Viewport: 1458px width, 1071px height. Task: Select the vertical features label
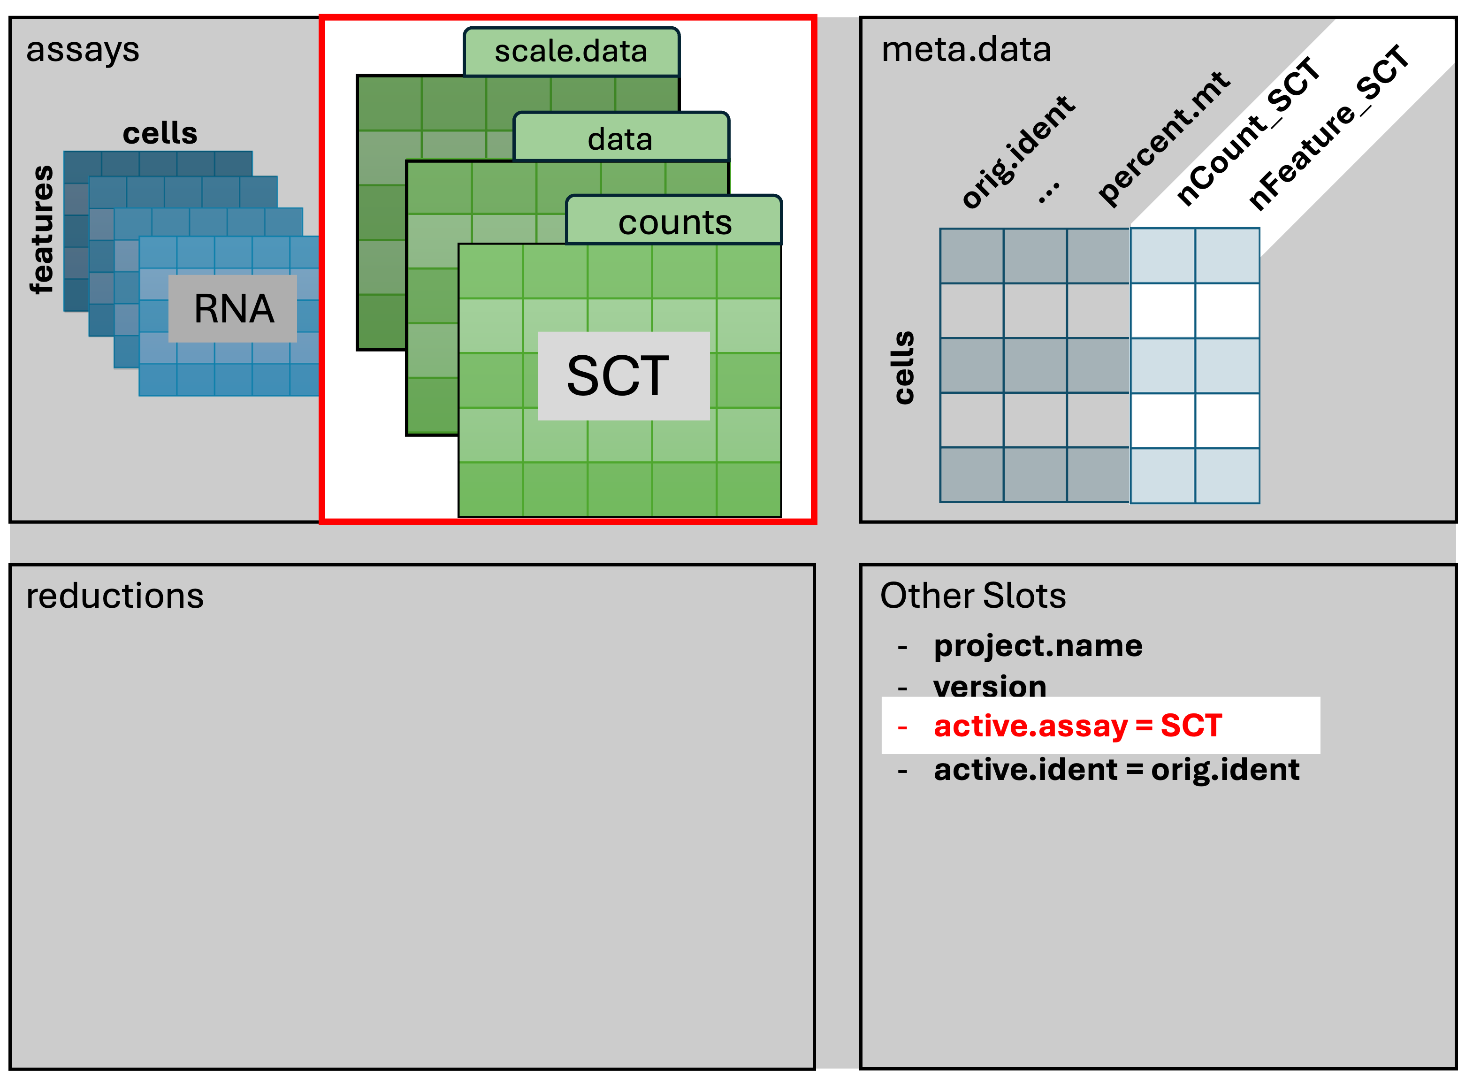coord(43,229)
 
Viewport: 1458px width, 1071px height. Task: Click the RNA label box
coord(233,309)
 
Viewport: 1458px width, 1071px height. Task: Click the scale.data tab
coord(571,51)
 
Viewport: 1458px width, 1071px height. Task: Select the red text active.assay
coord(1031,726)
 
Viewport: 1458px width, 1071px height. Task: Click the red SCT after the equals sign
coord(1191,726)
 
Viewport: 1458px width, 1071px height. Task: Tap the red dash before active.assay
coord(902,727)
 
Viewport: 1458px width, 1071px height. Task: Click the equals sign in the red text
coord(1144,726)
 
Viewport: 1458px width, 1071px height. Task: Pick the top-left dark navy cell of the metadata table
coord(971,256)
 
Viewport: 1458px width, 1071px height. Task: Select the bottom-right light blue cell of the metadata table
coord(1227,475)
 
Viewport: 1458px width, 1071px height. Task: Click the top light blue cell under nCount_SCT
coord(1163,256)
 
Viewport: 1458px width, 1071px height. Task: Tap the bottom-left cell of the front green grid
coord(491,490)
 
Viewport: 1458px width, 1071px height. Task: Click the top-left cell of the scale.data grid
coord(389,104)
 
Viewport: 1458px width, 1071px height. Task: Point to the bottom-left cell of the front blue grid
coord(158,379)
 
